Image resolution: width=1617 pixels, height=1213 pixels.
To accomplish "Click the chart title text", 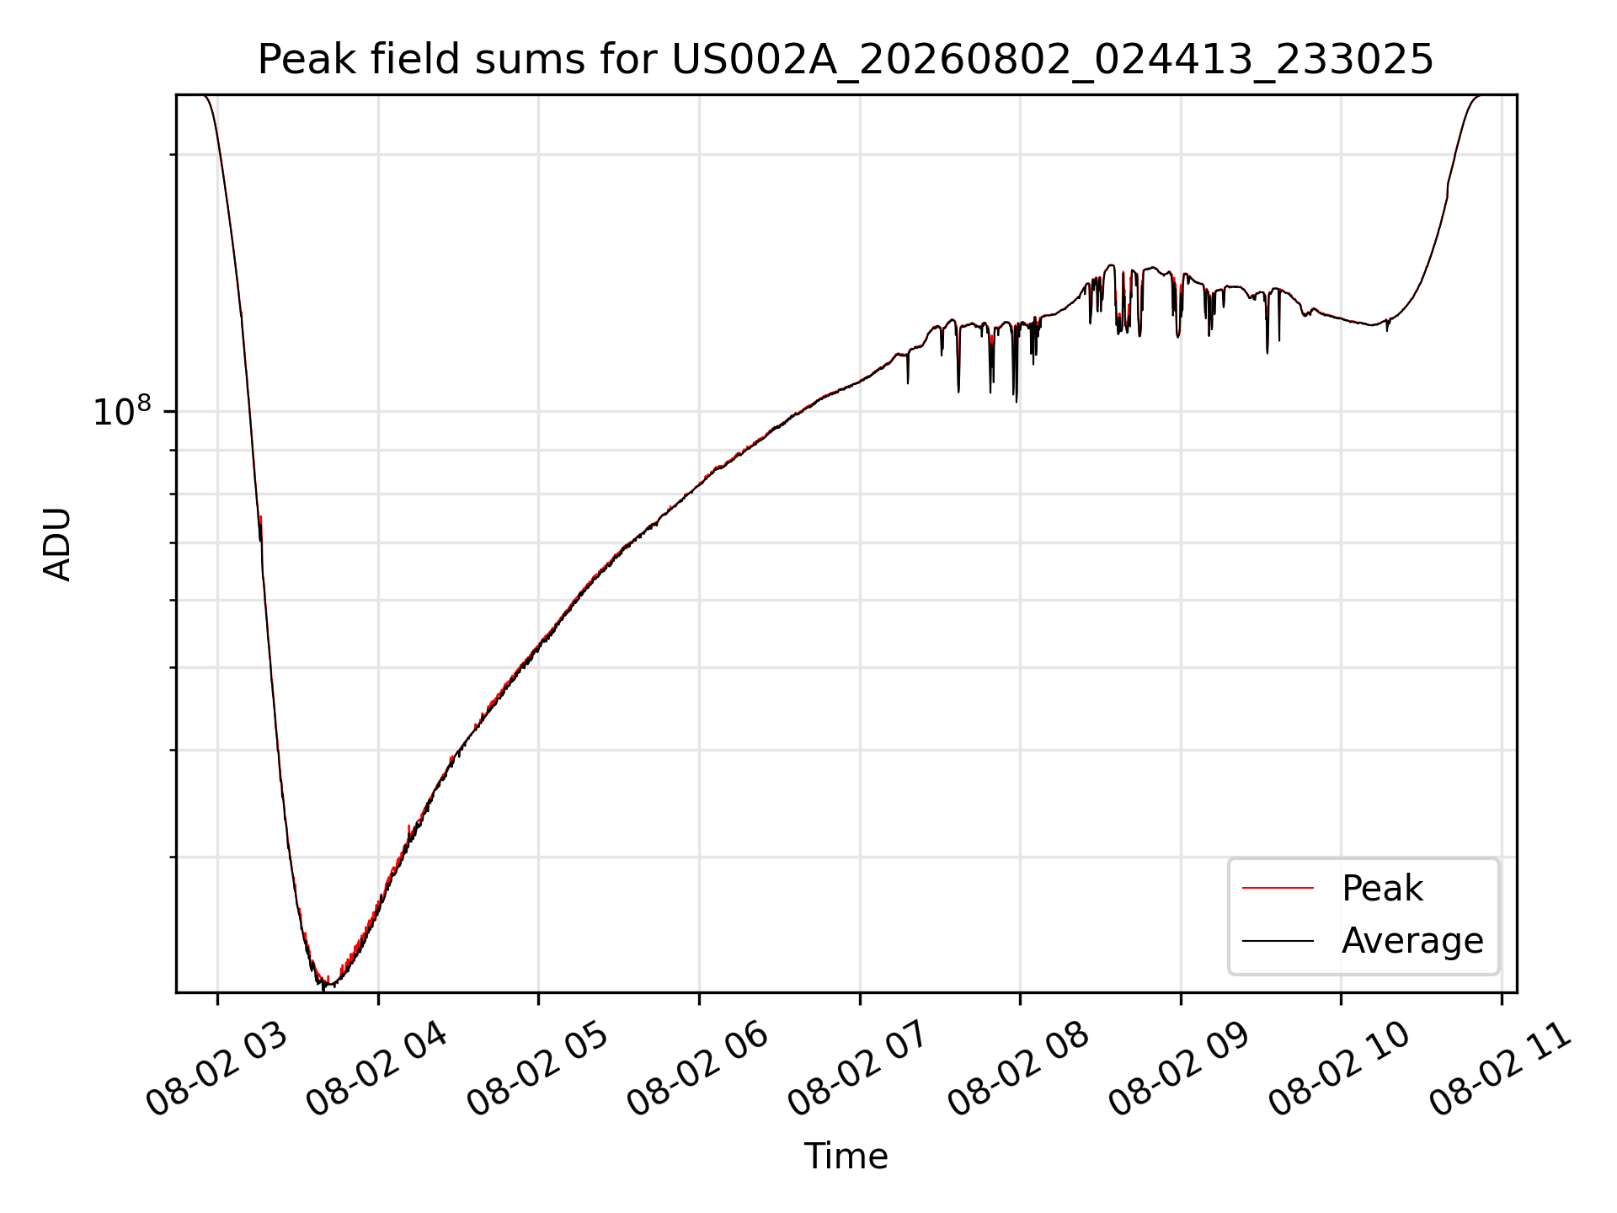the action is pyautogui.click(x=846, y=60).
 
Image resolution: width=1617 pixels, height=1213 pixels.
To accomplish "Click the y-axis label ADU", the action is pyautogui.click(x=57, y=543).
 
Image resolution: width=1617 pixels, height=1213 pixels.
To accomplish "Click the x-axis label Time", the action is pyautogui.click(x=846, y=1157).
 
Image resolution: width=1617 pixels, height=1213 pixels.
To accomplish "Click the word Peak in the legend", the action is pyautogui.click(x=1382, y=889).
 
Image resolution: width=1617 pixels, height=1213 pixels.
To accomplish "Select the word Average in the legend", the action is pyautogui.click(x=1412, y=941).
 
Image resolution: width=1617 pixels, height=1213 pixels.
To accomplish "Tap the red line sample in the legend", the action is pyautogui.click(x=1278, y=888).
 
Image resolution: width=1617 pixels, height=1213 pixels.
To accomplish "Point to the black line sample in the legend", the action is pyautogui.click(x=1278, y=940).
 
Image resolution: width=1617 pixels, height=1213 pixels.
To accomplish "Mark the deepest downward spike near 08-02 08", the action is pyautogui.click(x=1017, y=401).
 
